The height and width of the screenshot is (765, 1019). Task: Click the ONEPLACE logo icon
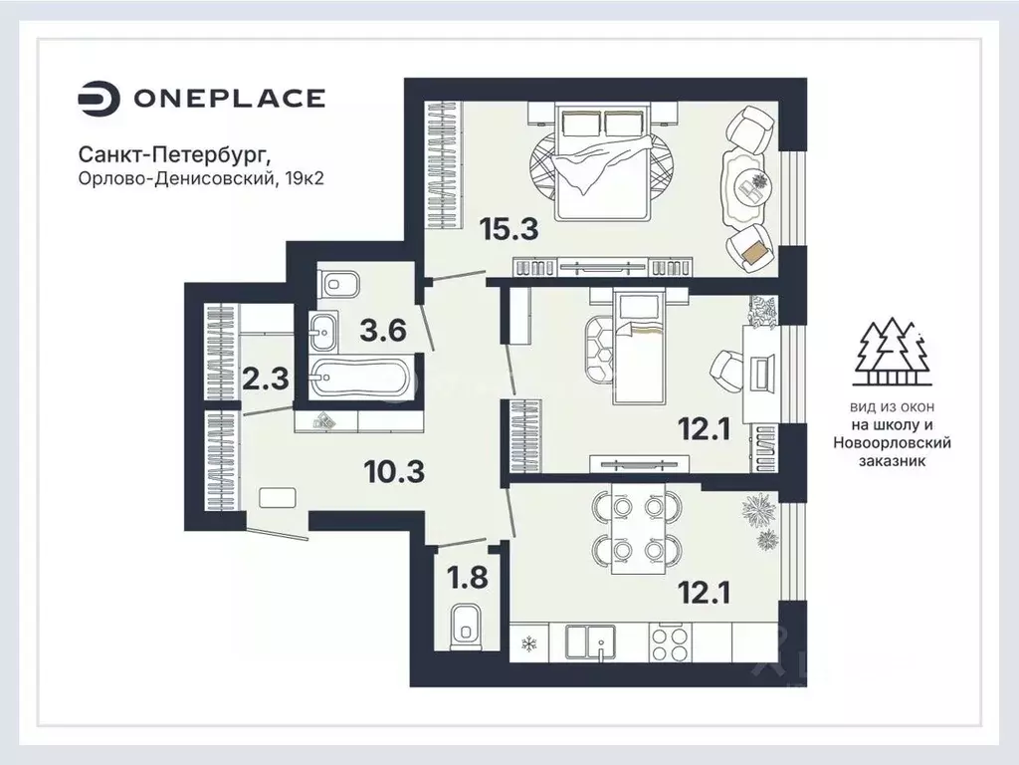pos(99,99)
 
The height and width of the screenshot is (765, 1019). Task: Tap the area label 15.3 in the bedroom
pos(509,229)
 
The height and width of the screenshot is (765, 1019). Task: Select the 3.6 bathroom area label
pos(383,331)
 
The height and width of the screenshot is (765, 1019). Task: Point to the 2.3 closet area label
pos(265,379)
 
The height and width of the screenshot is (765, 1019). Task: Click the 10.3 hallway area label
pos(394,471)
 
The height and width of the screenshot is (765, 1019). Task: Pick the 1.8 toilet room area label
pos(469,577)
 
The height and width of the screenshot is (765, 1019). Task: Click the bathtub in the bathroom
pos(359,378)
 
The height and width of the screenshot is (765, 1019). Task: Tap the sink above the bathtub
pos(323,331)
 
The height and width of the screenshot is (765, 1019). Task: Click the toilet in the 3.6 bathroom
pos(339,284)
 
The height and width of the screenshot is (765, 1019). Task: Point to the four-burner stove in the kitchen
pos(670,642)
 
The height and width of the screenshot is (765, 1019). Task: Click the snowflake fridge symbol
pos(529,644)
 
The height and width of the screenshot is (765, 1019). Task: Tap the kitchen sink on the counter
pos(590,642)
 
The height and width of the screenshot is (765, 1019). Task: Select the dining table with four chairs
pos(638,528)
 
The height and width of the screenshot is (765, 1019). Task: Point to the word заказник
pos(893,461)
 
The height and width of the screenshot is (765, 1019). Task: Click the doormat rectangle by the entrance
pos(278,498)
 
